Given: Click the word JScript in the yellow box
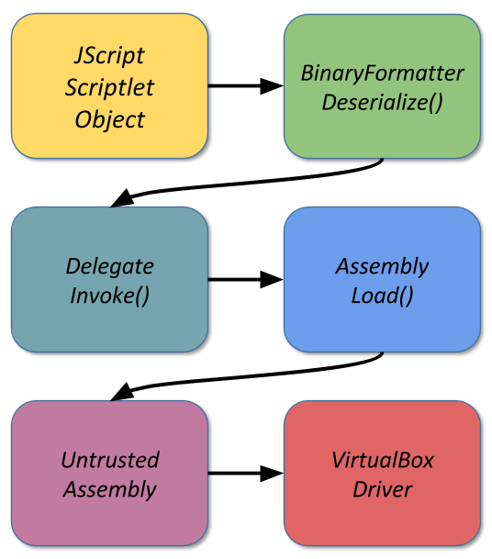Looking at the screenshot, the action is click(x=109, y=56).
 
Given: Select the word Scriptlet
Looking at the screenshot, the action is click(x=109, y=87).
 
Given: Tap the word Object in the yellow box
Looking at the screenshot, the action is click(x=110, y=119).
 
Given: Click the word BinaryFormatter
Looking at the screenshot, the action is click(x=382, y=73).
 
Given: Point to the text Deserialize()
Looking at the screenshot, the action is click(x=382, y=102).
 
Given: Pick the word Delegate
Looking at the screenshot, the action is click(x=110, y=267).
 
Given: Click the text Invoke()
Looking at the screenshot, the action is click(x=110, y=296).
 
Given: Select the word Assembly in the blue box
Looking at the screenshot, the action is click(x=382, y=267).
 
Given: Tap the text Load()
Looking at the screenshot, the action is click(x=382, y=296).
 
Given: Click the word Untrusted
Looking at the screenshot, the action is click(x=110, y=460).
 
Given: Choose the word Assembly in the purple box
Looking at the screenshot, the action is click(x=110, y=490).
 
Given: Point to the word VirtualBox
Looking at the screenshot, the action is click(x=383, y=460).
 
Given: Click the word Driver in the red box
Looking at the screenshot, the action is click(x=383, y=489).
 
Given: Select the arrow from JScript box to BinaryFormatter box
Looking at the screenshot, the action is click(x=246, y=86).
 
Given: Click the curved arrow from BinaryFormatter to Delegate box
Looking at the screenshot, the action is click(x=246, y=184).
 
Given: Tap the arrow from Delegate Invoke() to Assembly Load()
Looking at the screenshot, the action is click(x=246, y=279).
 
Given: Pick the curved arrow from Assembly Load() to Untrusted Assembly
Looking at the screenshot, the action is click(x=246, y=377).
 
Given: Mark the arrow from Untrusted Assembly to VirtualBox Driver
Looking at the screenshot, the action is click(x=246, y=473).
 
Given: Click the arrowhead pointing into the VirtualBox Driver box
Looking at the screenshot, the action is click(x=272, y=473).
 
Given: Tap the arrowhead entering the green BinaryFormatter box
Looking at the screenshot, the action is click(x=272, y=86).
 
